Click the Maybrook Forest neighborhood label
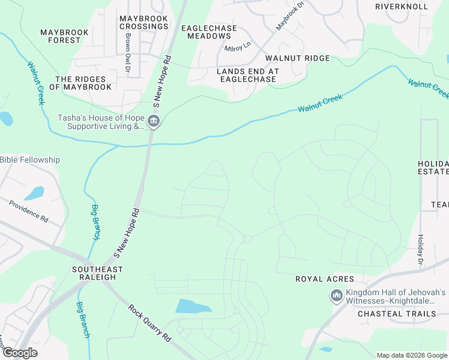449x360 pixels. pos(64,36)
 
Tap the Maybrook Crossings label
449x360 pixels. pos(143,23)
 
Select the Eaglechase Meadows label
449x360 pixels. pos(209,32)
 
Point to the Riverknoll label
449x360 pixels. pos(402,7)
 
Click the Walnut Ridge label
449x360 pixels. pos(298,58)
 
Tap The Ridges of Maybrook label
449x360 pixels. pos(80,83)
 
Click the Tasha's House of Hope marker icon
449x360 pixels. pos(154,122)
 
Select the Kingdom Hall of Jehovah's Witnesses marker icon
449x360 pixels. pos(336,296)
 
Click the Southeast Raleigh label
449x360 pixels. pos(93,274)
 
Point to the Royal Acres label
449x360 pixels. pos(324,280)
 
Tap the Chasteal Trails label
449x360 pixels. pos(397,314)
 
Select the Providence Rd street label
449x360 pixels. pos(28,210)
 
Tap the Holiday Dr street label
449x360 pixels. pos(420,251)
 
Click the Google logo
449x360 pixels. pos(20,353)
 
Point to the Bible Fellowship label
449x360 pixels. pos(30,160)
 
